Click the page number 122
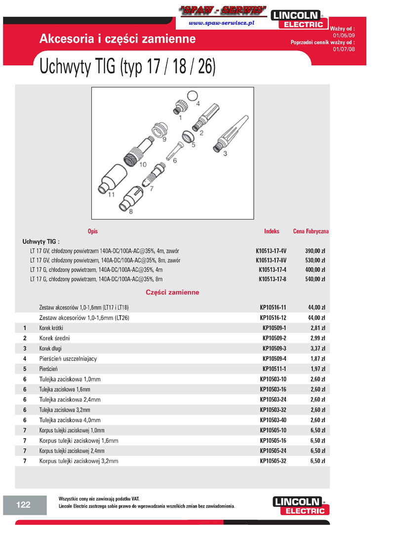[24, 504]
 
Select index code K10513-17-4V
[271, 251]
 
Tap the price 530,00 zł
[315, 260]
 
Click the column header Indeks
[272, 231]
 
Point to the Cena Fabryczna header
[311, 231]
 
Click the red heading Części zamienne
[172, 292]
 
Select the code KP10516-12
[273, 318]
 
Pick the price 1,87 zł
[317, 359]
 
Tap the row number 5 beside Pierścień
[25, 369]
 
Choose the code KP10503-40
[273, 420]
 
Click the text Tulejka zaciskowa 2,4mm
[70, 400]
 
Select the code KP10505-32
[273, 461]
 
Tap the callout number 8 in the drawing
[130, 212]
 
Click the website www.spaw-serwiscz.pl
[221, 23]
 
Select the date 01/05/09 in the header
[344, 36]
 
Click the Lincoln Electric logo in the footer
[300, 506]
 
